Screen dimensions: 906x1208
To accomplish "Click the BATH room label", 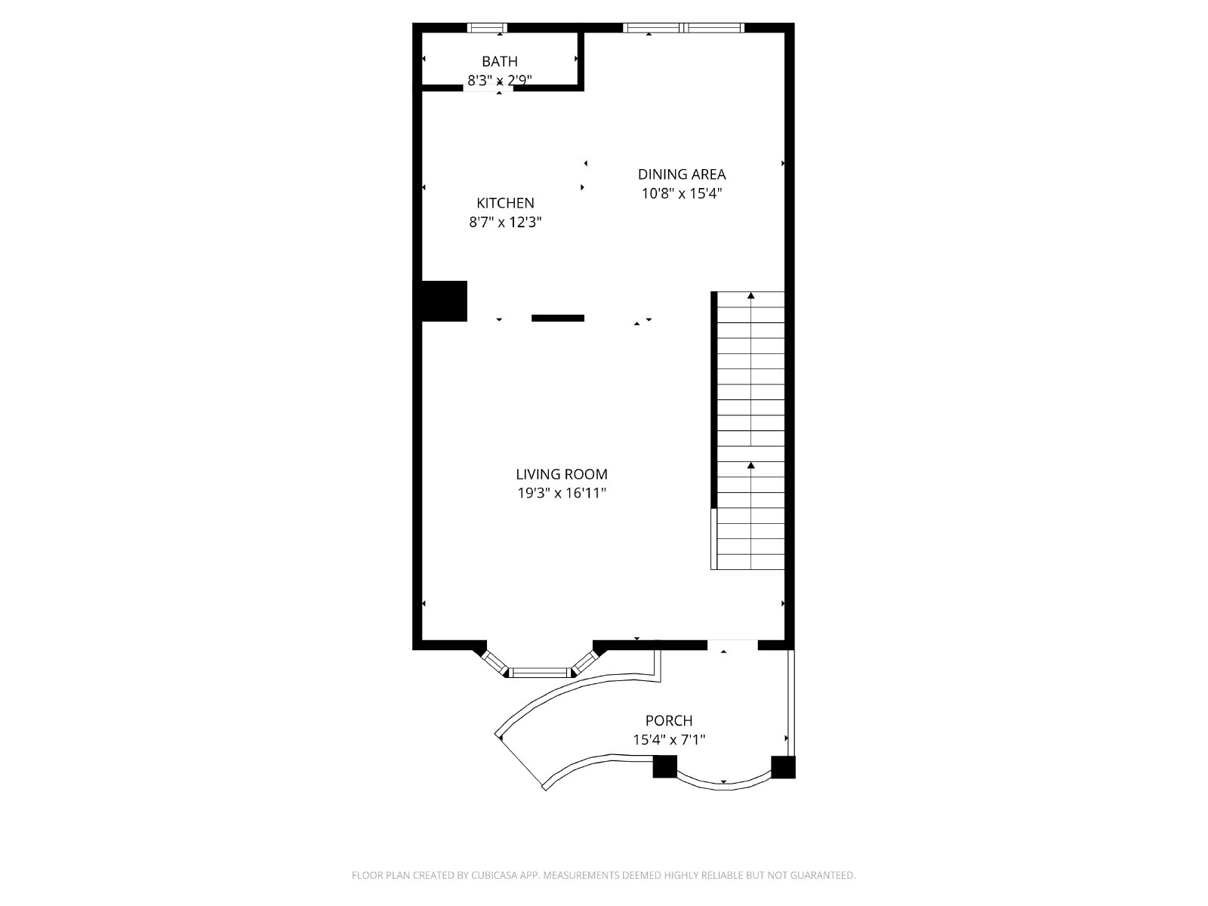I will (x=500, y=61).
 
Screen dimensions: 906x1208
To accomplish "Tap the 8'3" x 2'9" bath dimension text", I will (x=500, y=79).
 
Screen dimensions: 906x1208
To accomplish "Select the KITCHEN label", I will (x=505, y=203).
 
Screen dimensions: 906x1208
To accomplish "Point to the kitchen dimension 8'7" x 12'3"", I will (x=505, y=222).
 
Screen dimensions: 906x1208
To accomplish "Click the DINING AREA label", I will (x=682, y=174).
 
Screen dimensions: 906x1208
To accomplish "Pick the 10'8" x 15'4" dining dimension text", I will (x=682, y=193).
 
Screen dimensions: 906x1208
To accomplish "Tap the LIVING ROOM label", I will (x=562, y=474).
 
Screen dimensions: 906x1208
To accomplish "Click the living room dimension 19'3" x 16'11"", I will (x=562, y=493).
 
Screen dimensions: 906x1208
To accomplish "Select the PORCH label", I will (x=669, y=721).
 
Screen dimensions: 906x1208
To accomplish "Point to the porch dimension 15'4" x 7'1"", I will (x=669, y=740).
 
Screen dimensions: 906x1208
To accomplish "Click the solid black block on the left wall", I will (x=444, y=300).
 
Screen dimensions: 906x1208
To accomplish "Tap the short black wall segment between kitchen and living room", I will (x=558, y=318).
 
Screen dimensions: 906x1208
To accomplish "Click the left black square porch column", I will (x=664, y=766).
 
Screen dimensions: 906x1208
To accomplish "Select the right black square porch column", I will (x=783, y=766).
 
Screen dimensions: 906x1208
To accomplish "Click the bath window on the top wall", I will (x=487, y=28).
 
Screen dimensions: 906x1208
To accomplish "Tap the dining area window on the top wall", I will (x=683, y=28).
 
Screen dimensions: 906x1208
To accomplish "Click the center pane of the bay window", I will (x=540, y=671).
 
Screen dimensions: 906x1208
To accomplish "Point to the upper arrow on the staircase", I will (x=750, y=296).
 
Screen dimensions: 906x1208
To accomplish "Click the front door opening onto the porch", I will (x=732, y=644).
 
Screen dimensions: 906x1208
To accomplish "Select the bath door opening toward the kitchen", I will (x=488, y=88).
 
